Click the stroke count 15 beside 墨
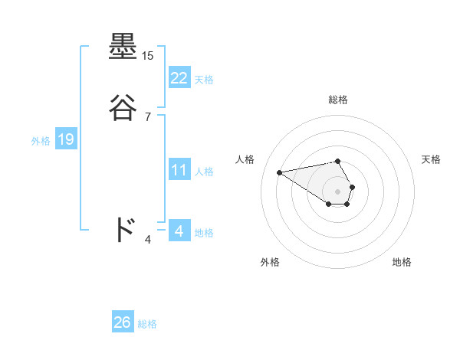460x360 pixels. [x=148, y=56]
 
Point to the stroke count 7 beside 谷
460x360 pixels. [x=148, y=116]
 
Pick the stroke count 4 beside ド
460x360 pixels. [x=148, y=240]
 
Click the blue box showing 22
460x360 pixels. [x=179, y=78]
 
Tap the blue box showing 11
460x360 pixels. [x=179, y=170]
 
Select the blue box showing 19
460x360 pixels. [x=65, y=139]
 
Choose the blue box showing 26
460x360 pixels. [x=123, y=322]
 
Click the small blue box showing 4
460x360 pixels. [x=179, y=231]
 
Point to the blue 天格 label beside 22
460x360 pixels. [x=204, y=79]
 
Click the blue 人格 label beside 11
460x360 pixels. [x=204, y=171]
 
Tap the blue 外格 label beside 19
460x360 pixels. [x=41, y=140]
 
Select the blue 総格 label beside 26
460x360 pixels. [x=147, y=324]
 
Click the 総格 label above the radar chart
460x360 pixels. [x=338, y=100]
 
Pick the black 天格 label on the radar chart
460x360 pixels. [x=431, y=159]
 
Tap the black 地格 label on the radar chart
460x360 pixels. [x=402, y=263]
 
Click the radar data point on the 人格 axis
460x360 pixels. [x=280, y=172]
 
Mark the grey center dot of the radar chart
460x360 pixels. [x=338, y=191]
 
